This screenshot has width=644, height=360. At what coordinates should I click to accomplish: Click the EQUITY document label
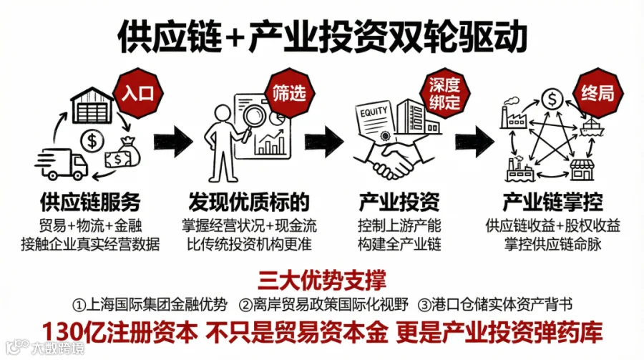[374, 113]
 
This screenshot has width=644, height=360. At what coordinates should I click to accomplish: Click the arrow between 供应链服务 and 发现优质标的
[174, 139]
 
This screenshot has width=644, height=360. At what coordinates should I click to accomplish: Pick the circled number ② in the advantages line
[246, 305]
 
